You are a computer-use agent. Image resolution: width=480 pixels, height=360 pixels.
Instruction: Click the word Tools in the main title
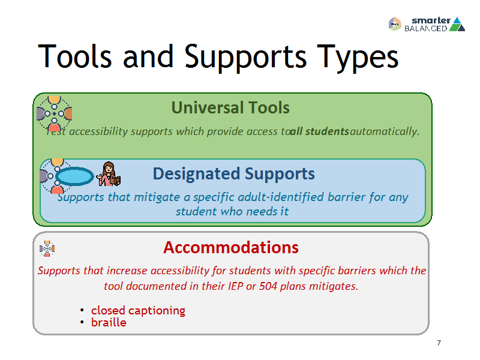pos(75,56)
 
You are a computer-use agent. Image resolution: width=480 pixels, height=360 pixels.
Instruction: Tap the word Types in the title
pos(357,58)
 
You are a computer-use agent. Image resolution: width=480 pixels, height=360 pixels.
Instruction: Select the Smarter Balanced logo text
pos(428,24)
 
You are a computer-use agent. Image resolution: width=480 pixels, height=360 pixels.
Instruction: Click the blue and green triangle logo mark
pos(458,24)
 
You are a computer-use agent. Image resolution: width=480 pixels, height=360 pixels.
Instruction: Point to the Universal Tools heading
pos(230,107)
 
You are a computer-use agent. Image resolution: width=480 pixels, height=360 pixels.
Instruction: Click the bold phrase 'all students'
pos(319,131)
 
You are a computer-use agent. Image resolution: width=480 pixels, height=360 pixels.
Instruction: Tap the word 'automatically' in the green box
pos(385,131)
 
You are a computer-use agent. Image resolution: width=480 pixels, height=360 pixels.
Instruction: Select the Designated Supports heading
pos(233,174)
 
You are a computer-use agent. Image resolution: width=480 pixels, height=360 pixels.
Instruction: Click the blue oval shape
pos(74,176)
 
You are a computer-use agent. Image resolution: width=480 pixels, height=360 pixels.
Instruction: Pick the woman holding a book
pos(109,174)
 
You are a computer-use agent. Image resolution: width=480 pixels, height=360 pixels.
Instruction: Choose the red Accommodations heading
pos(231,247)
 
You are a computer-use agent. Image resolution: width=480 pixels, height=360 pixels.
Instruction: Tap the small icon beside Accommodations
pos(47,248)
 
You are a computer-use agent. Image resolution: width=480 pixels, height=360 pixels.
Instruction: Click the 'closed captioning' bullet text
pos(138,310)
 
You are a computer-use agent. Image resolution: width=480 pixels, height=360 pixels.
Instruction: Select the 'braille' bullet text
pos(109,322)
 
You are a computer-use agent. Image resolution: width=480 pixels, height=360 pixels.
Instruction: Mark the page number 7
pos(439,343)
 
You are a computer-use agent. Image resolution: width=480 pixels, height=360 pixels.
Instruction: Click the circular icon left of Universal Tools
pos(54,113)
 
